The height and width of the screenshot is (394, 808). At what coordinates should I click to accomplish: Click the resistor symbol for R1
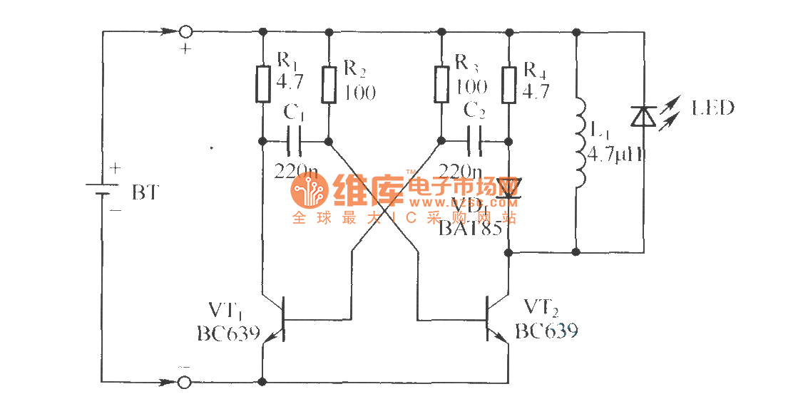click(x=263, y=84)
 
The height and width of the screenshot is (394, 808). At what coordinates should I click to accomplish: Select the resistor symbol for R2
click(x=329, y=84)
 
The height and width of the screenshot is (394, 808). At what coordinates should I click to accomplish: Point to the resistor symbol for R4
click(x=508, y=84)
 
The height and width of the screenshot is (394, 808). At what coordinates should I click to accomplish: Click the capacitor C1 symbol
click(x=295, y=140)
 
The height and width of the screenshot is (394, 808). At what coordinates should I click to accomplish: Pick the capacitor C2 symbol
click(x=475, y=140)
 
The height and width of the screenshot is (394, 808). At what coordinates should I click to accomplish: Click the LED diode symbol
click(x=643, y=116)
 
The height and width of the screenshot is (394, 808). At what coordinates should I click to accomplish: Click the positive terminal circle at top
click(x=185, y=31)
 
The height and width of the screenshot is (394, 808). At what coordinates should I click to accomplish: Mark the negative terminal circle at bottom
click(x=185, y=382)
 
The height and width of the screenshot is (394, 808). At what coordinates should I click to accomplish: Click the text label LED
click(x=712, y=108)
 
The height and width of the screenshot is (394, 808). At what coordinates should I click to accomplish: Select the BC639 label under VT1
click(x=228, y=333)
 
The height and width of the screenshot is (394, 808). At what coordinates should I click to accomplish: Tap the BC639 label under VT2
click(x=546, y=331)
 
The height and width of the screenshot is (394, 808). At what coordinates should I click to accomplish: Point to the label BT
click(x=145, y=192)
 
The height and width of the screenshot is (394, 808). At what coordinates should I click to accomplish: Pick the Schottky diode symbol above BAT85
click(x=508, y=190)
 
